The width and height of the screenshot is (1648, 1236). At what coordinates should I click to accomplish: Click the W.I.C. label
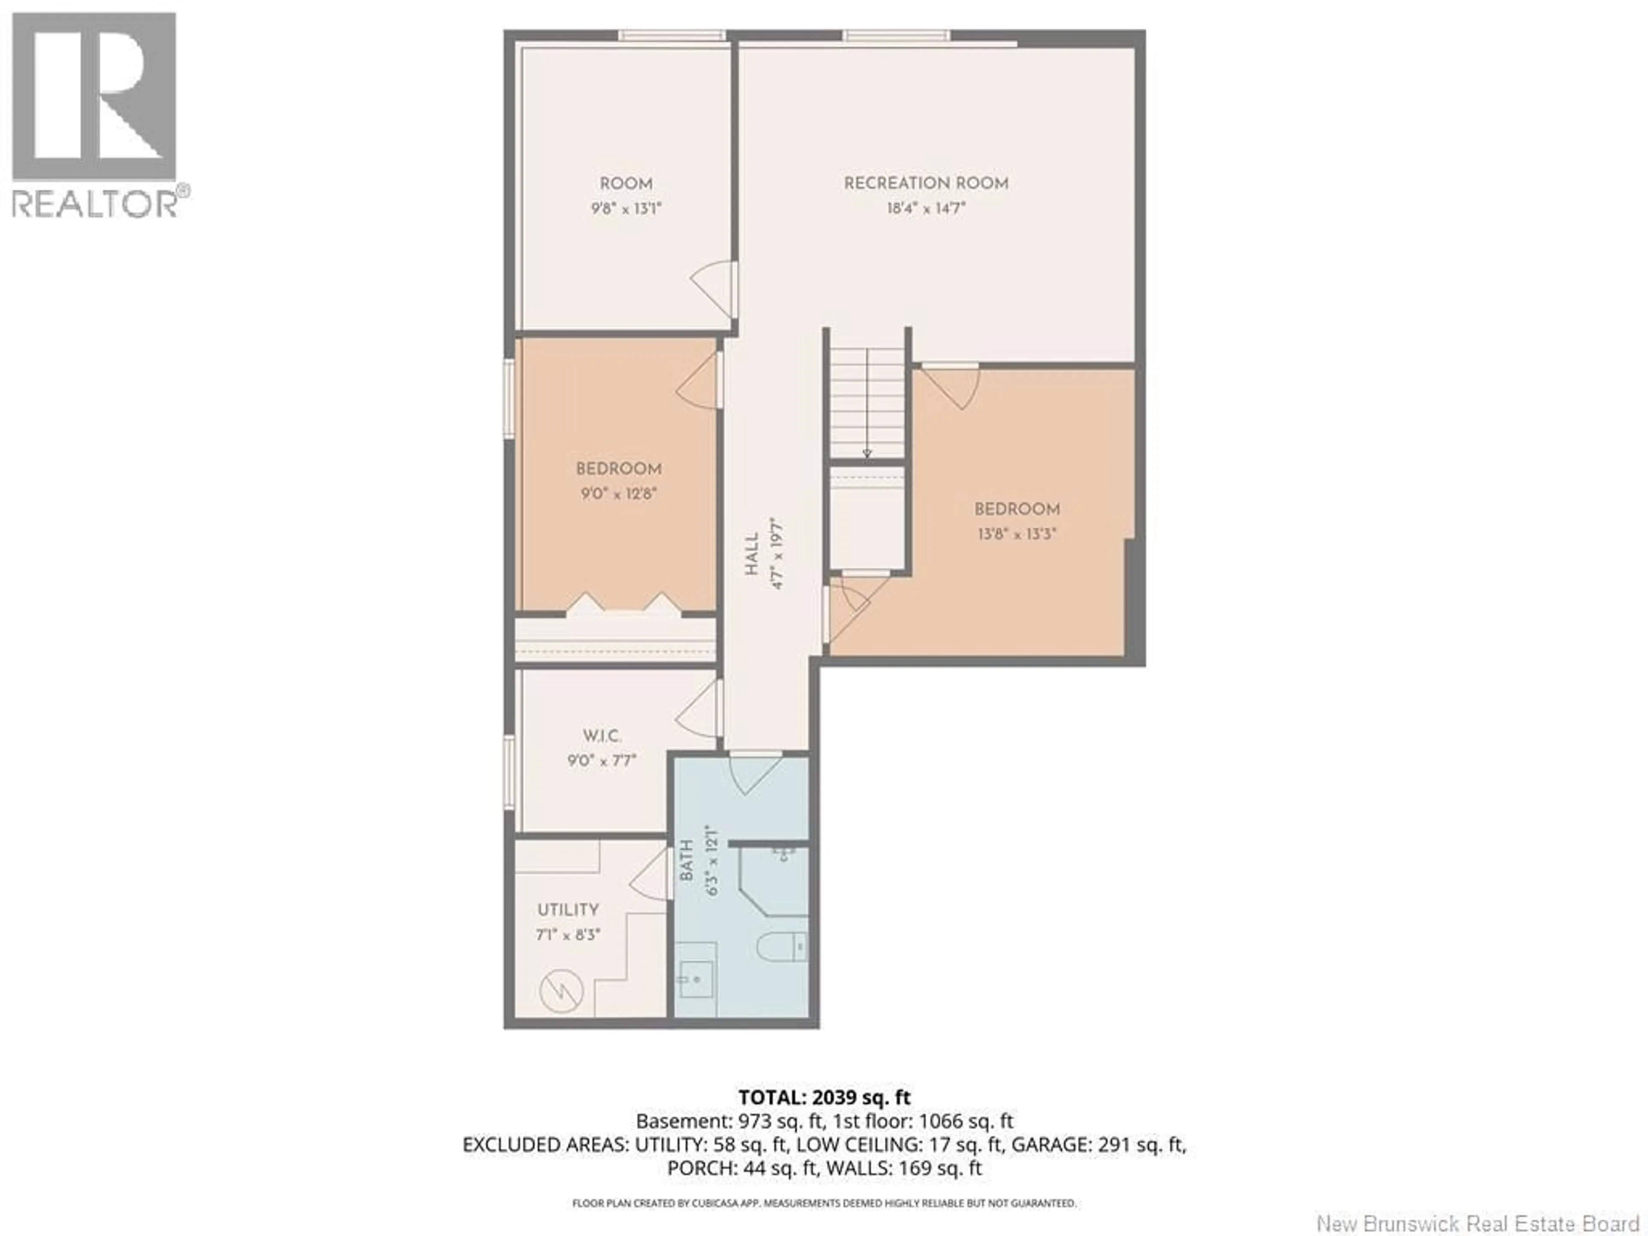point(602,736)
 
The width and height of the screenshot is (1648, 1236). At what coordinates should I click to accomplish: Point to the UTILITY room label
point(568,910)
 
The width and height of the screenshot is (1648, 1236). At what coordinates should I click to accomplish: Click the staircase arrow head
point(866,453)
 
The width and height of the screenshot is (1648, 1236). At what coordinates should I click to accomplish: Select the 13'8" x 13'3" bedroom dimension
point(1017,533)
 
